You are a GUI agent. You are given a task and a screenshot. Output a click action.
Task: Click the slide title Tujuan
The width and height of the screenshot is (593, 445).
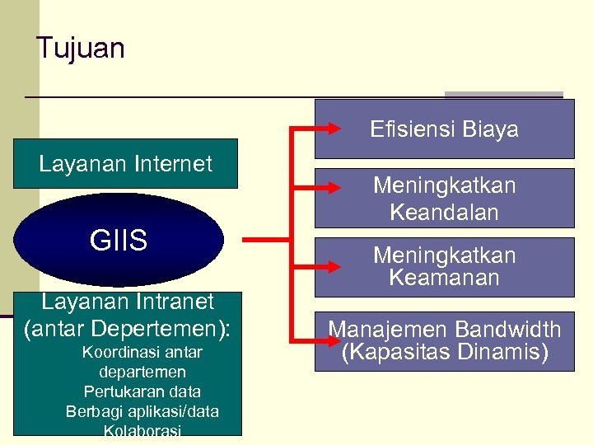point(81,49)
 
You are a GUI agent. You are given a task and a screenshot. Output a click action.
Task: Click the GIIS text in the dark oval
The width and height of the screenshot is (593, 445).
point(119,241)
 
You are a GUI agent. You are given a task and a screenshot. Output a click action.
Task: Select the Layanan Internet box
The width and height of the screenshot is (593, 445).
point(125,164)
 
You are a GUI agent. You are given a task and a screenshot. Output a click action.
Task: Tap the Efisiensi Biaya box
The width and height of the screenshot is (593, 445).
point(444,129)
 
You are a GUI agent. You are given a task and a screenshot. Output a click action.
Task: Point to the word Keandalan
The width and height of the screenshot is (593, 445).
point(444,212)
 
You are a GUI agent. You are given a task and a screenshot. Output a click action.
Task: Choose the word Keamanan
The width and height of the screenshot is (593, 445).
point(444,278)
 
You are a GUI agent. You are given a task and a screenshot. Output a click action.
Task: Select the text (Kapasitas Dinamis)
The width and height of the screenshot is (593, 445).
point(444,353)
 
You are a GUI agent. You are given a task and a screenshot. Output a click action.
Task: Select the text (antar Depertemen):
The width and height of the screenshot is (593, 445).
point(128,328)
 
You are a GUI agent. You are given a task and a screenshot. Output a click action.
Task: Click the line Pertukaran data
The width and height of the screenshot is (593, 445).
point(142,391)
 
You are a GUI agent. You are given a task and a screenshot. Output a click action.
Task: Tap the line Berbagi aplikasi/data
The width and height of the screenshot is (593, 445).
point(142,411)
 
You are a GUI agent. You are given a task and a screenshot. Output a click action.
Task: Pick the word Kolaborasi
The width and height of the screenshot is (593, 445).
point(142,430)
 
